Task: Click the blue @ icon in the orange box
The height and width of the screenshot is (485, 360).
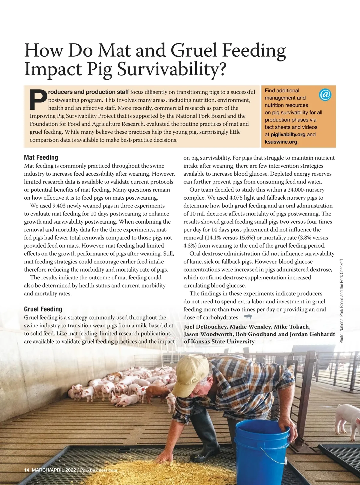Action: pos(325,94)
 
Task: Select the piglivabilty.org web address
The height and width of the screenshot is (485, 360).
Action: pos(288,135)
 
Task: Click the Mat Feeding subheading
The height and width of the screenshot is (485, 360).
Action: pos(41,157)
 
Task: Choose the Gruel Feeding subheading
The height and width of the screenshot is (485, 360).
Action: pos(43,309)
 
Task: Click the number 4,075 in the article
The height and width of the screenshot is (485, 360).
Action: pos(239,198)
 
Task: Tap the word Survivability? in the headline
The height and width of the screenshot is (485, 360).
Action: pos(171,69)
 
